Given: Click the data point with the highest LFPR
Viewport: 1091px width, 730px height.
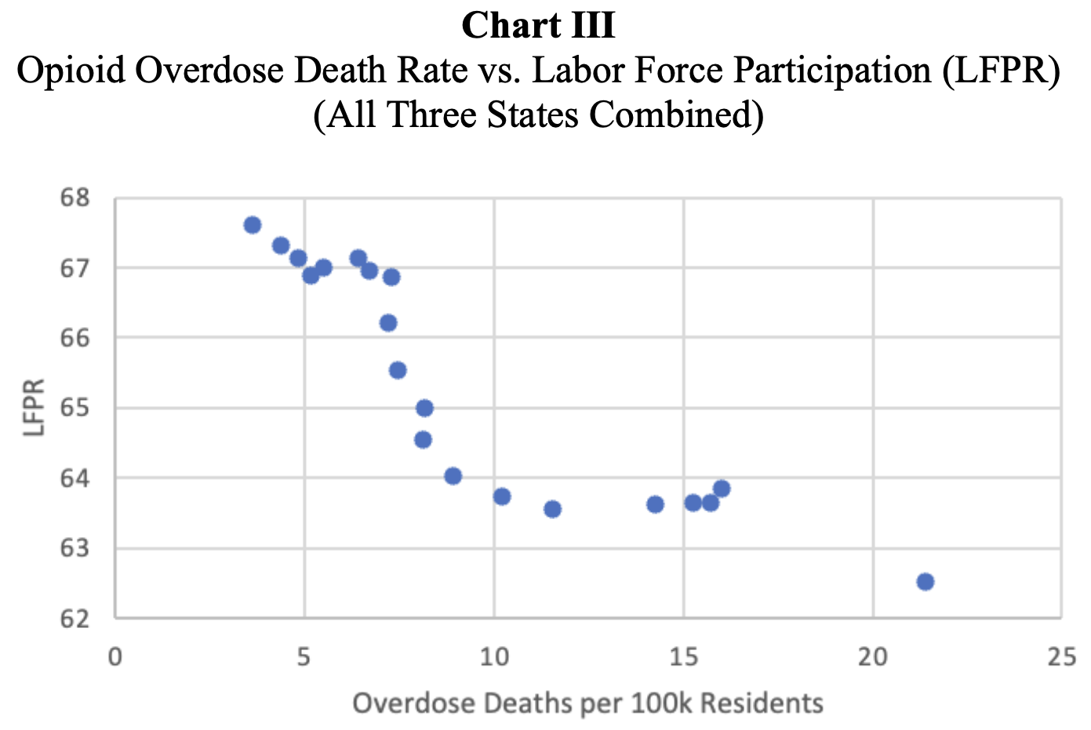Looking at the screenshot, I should tap(252, 225).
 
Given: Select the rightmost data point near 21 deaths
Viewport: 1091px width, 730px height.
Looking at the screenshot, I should tap(925, 581).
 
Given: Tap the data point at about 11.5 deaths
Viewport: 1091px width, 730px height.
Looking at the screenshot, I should tap(552, 509).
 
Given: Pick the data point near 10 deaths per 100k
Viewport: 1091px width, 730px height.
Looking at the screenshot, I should tap(502, 496).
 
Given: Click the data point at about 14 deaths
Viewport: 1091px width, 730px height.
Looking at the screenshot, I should tap(655, 504).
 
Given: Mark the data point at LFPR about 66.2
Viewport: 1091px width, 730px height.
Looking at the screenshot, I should tap(387, 323).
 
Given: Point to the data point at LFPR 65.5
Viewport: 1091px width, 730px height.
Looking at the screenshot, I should tap(398, 370).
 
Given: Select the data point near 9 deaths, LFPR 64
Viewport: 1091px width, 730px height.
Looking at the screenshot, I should tap(453, 476).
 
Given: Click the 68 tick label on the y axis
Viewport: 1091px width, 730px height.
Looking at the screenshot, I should tap(75, 198).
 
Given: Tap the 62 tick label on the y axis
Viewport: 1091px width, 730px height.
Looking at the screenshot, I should tap(75, 619).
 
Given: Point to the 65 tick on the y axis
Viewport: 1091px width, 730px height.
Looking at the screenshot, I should tap(75, 409).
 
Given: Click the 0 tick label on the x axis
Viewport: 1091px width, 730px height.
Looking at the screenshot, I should tap(115, 656).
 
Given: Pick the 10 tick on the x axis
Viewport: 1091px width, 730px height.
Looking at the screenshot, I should tap(494, 656).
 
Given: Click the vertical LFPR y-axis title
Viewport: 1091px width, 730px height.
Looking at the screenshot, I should tap(35, 408).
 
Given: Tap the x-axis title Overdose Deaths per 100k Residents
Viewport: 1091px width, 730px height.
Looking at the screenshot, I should tap(587, 703).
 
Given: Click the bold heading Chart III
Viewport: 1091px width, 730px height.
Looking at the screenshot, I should tap(538, 25).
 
